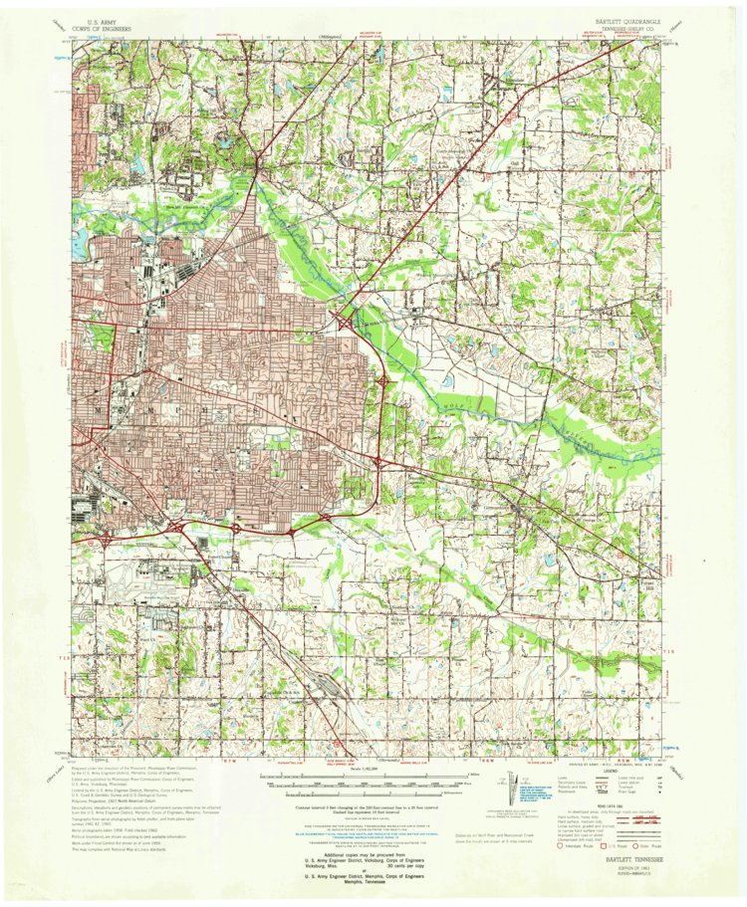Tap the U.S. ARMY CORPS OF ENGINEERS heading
click(x=113, y=24)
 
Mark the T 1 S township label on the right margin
click(x=669, y=650)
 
